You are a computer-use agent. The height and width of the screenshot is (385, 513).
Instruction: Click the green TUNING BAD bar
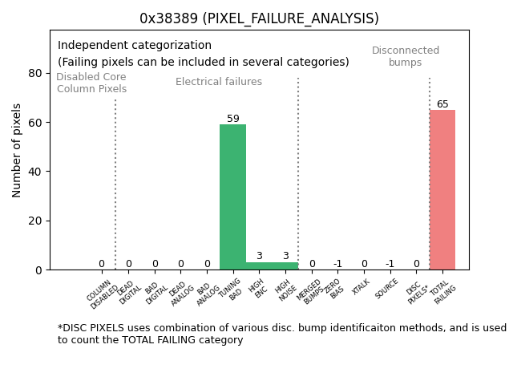(232, 197)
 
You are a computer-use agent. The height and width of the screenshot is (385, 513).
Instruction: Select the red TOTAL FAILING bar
(442, 189)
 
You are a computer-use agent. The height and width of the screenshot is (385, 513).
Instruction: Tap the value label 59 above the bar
(232, 119)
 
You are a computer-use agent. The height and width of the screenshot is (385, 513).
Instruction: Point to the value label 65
(442, 104)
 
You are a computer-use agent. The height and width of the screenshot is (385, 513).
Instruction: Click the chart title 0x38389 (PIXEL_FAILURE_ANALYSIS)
(259, 18)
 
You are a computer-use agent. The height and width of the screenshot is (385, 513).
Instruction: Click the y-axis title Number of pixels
(18, 150)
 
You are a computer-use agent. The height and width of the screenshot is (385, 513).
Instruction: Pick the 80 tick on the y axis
(35, 73)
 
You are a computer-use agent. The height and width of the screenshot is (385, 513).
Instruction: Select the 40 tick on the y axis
(35, 172)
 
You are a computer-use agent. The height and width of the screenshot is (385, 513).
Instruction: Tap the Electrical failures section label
(219, 82)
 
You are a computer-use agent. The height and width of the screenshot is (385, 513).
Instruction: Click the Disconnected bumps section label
(406, 56)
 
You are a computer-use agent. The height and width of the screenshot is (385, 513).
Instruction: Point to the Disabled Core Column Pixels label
(91, 83)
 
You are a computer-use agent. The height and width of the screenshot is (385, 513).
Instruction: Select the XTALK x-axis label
(361, 286)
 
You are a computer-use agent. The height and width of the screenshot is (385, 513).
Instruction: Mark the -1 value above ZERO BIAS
(337, 264)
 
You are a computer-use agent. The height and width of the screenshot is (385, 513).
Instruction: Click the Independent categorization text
(135, 46)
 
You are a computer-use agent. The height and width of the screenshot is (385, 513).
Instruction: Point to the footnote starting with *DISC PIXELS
(281, 334)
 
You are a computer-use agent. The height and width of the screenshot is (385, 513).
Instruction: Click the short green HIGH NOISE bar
(285, 265)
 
